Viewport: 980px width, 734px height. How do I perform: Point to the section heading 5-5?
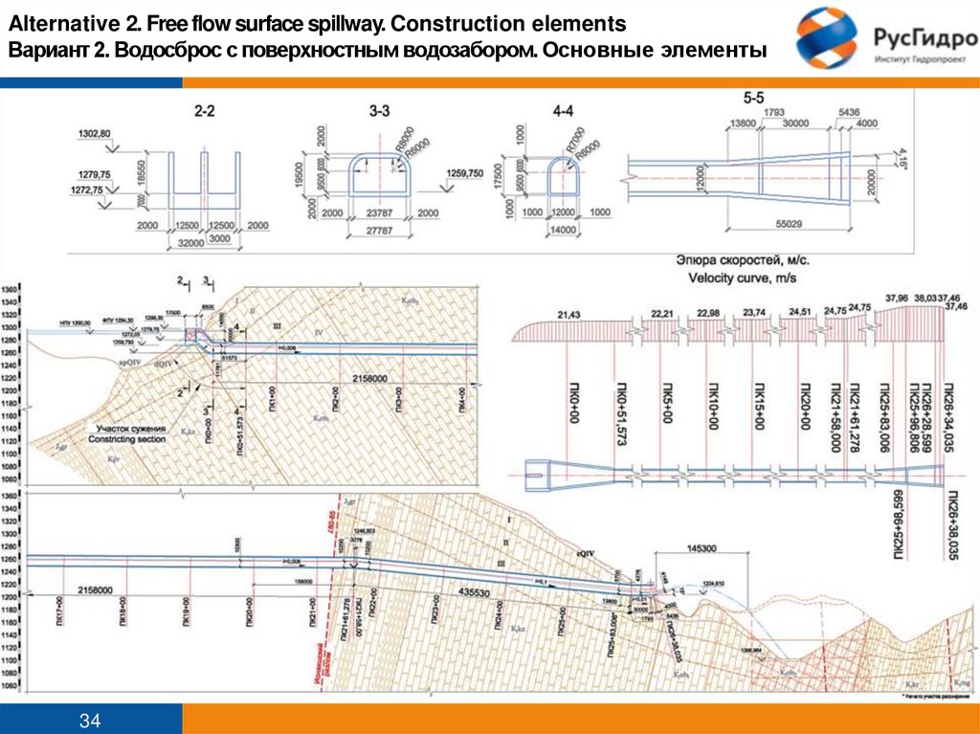(x=753, y=99)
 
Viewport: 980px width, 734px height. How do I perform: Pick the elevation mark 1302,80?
(x=94, y=133)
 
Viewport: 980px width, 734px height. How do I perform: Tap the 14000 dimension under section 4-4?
(x=563, y=231)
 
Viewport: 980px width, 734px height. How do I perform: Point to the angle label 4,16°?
(x=901, y=154)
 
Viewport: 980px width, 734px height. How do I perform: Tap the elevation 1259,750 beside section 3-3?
(x=465, y=173)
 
